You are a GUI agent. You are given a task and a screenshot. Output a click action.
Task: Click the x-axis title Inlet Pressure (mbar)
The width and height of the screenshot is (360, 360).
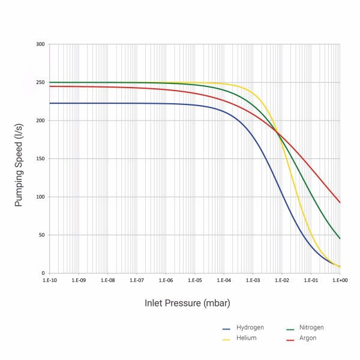coord(187,302)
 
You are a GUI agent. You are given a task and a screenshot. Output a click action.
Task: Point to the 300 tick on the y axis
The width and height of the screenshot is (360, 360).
coord(40,44)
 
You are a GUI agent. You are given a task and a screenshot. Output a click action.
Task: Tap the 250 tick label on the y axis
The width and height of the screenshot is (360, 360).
coord(40,82)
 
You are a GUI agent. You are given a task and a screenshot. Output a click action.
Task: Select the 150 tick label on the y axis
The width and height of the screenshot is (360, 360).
coord(40,159)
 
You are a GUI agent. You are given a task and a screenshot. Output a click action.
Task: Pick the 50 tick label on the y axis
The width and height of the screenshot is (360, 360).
coord(41,235)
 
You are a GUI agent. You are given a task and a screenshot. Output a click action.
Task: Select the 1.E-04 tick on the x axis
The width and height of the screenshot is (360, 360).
coord(224,280)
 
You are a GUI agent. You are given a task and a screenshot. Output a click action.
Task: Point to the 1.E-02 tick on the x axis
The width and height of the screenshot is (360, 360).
coord(282,280)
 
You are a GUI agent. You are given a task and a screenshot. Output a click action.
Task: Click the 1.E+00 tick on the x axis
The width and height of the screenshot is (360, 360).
coord(340,280)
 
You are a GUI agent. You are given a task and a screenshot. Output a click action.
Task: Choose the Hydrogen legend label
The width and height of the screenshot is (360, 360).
coord(250,328)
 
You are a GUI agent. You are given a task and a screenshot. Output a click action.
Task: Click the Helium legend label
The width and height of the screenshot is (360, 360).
coord(246,338)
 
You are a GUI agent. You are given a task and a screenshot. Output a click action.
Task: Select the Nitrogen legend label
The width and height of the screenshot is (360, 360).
coord(311,327)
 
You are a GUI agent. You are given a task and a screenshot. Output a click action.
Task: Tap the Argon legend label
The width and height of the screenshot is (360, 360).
coord(308,338)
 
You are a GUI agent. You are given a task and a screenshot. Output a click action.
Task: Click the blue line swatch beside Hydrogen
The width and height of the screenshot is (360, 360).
coord(227,329)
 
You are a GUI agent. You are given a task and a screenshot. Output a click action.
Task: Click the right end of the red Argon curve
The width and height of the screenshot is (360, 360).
coord(340,202)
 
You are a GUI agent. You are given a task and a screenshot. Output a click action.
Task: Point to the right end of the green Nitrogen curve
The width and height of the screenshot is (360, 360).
coord(340,239)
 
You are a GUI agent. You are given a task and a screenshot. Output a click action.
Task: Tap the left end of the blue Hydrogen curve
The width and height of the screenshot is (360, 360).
coord(50,103)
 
